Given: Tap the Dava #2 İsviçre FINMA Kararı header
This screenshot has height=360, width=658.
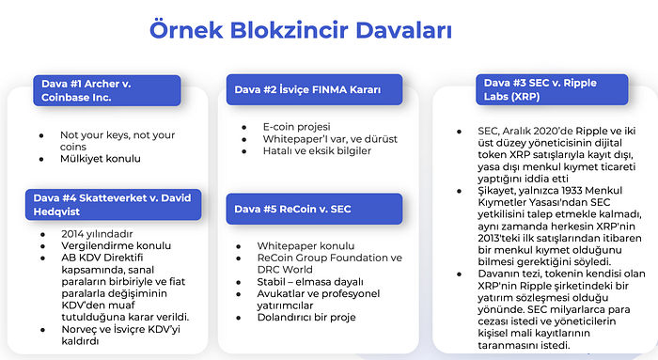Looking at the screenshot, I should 307,90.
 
